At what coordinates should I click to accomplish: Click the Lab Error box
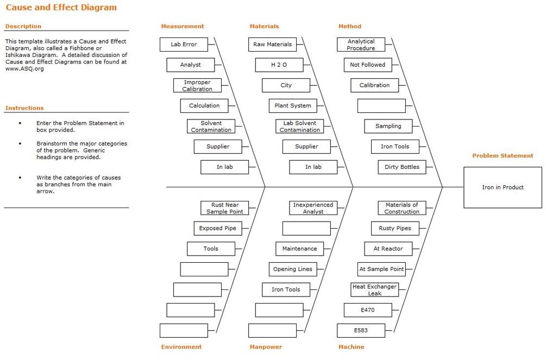point(184,44)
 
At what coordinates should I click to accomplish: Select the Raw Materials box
point(272,44)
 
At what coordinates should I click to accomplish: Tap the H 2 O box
point(279,65)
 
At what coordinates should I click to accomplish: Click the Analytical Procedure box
point(361,44)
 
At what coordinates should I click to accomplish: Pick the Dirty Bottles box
point(402,167)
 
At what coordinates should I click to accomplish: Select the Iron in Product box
point(503,187)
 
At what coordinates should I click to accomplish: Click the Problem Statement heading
point(503,156)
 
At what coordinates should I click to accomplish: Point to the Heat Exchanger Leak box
point(375,289)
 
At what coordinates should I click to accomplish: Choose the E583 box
point(361,330)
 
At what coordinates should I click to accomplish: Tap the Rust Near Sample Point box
point(224,208)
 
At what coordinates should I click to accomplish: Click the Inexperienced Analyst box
point(313,208)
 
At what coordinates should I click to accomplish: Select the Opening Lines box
point(293,269)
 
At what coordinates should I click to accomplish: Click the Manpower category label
point(266,347)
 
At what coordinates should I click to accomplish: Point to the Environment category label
point(181,347)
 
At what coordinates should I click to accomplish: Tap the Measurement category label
point(183,26)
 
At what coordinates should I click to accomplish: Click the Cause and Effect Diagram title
point(61,7)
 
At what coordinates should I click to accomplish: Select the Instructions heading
point(24,108)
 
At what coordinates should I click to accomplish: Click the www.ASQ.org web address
point(24,68)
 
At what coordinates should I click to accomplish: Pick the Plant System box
point(293,105)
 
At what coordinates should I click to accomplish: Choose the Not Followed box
point(368,65)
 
